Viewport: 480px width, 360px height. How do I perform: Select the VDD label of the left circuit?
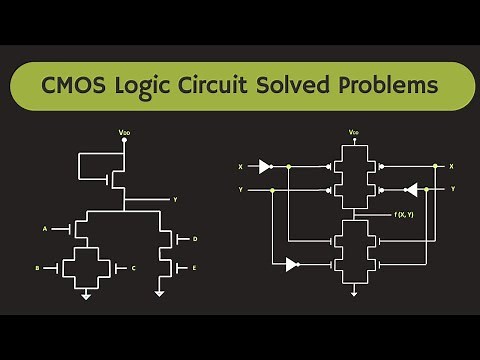(x=124, y=131)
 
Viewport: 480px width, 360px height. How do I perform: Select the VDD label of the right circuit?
(x=354, y=132)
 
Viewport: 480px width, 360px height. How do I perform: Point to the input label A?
(x=45, y=229)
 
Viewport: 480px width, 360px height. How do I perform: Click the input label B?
(x=37, y=268)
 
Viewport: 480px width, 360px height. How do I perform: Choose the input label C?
(x=132, y=268)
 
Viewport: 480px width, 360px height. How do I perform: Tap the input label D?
(x=195, y=239)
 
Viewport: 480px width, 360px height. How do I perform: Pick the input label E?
(x=195, y=269)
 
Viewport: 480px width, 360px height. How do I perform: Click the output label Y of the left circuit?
(x=175, y=200)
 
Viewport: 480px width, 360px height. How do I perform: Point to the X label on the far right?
(x=452, y=165)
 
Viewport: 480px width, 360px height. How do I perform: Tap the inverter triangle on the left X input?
(x=265, y=165)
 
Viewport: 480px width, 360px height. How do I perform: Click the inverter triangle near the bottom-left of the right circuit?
(x=290, y=265)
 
